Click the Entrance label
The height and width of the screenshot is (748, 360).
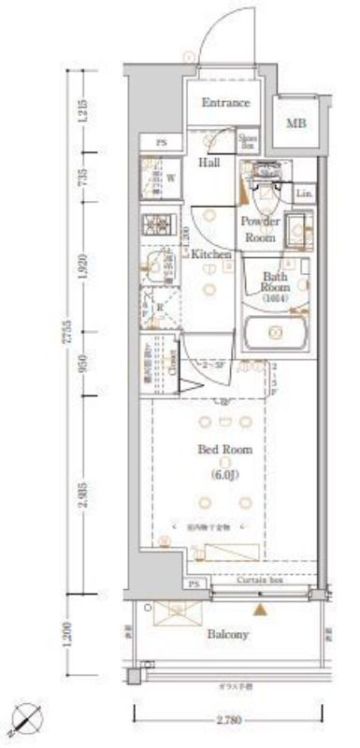pyautogui.click(x=225, y=103)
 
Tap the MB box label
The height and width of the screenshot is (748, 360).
pyautogui.click(x=295, y=123)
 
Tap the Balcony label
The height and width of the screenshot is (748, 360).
pyautogui.click(x=227, y=635)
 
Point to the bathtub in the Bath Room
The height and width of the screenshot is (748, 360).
pyautogui.click(x=274, y=333)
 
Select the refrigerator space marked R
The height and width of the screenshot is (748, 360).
pyautogui.click(x=155, y=304)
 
